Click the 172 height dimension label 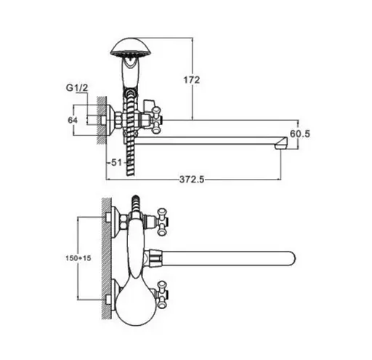tap(192, 80)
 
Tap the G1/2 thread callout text tap(77, 88)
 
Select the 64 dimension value tap(73, 120)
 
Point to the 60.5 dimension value tap(300, 134)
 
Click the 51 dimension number tap(116, 162)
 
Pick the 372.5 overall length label tap(192, 180)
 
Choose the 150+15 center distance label tap(78, 258)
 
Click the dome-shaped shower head tap(131, 47)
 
